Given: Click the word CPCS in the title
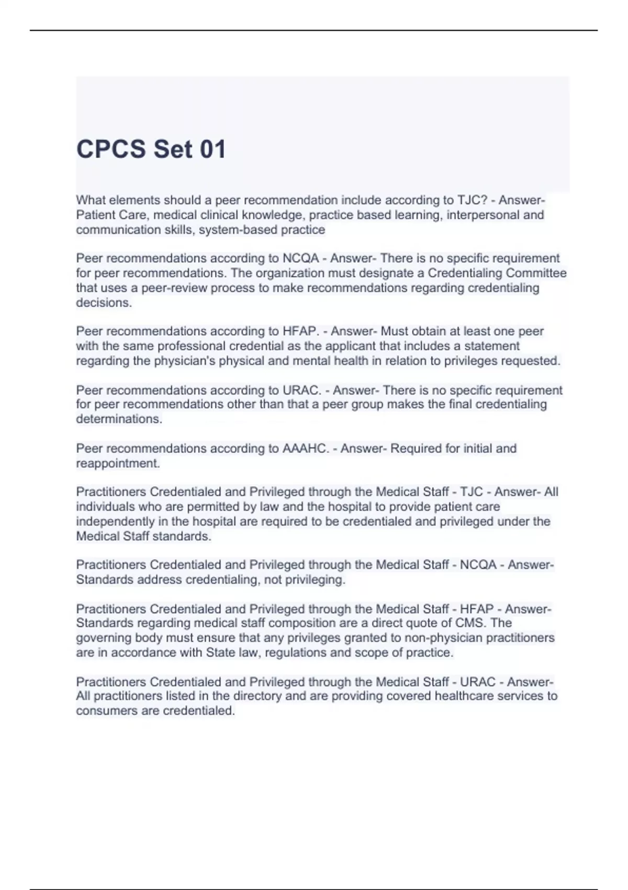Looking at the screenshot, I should pos(111,149).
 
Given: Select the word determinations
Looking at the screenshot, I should pos(119,419).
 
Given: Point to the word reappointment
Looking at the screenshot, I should pos(118,463).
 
